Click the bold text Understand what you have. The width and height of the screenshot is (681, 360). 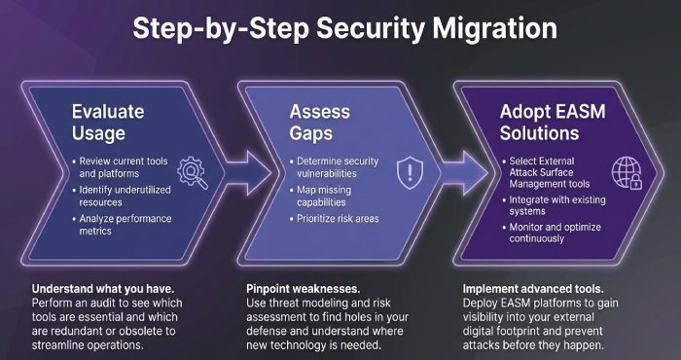(x=101, y=289)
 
